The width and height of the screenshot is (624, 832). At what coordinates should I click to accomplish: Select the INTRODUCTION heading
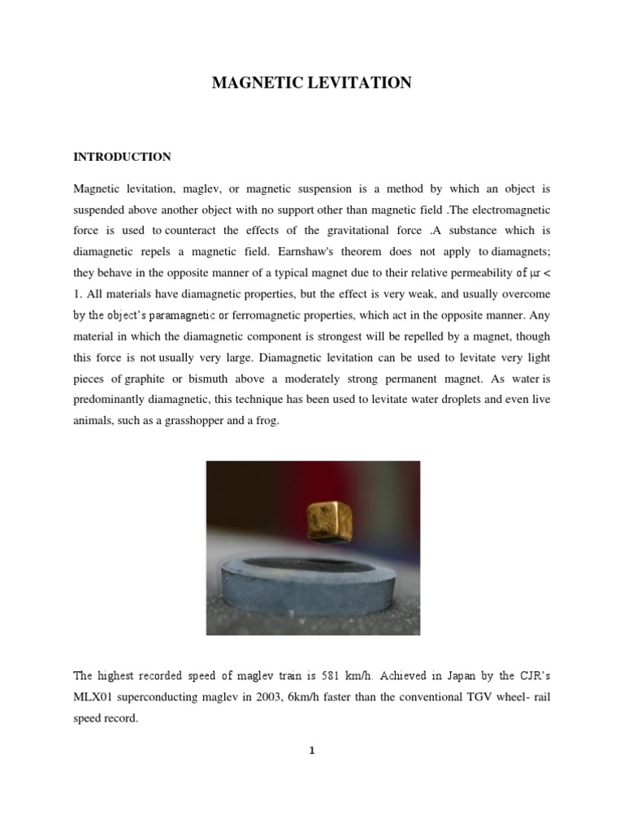point(122,157)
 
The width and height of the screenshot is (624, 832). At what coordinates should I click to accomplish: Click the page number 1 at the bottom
point(311,751)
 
